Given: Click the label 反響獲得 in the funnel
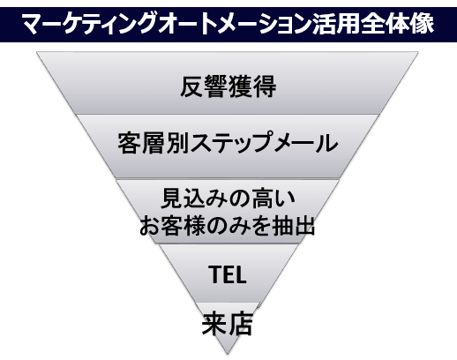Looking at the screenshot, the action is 228,86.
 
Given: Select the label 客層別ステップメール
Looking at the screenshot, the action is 228,143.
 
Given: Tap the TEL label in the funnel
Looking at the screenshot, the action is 227,274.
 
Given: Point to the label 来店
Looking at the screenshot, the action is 227,324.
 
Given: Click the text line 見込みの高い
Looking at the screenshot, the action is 228,199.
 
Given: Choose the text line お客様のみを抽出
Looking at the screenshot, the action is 228,226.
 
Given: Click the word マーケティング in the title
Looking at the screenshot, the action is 88,24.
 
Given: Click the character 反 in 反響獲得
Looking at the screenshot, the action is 191,86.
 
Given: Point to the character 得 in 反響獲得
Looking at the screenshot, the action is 265,86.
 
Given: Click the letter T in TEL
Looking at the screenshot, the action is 214,274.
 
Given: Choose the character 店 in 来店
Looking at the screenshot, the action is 241,324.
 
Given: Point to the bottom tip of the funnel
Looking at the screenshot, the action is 228,354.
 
